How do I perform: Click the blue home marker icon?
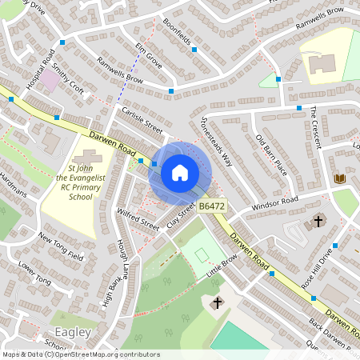point(180,173)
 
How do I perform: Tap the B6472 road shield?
point(210,206)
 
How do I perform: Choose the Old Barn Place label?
point(270,154)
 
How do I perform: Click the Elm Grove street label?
point(149,54)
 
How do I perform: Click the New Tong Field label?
point(61,246)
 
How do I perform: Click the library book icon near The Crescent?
point(340,178)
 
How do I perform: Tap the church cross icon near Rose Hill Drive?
point(318,220)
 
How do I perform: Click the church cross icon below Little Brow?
point(216,303)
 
